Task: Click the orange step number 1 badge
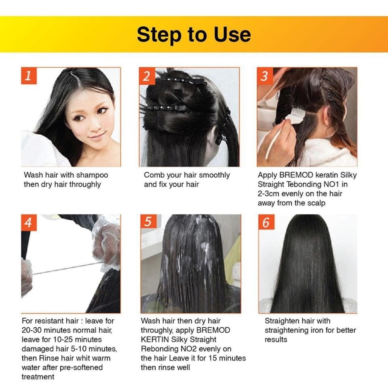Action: click(x=29, y=76)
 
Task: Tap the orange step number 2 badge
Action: click(x=147, y=76)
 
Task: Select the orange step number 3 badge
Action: click(x=265, y=76)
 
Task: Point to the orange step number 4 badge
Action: click(x=29, y=223)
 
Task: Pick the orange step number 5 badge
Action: click(x=148, y=222)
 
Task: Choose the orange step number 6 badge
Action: click(x=266, y=222)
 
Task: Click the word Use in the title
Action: click(x=232, y=34)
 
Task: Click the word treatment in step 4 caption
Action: click(x=38, y=377)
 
